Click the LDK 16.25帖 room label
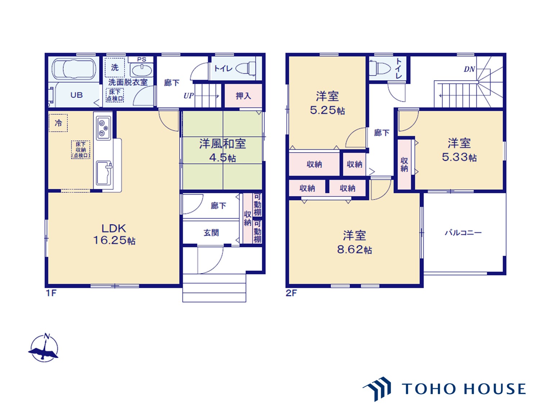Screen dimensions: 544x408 tap(114, 234)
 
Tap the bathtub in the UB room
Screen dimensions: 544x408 tap(74, 69)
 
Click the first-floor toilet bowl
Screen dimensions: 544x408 tap(246, 68)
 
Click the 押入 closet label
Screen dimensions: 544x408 tap(243, 96)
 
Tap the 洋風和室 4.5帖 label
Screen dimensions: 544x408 tap(223, 150)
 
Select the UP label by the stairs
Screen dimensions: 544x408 tap(189, 95)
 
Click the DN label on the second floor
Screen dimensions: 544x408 tap(469, 69)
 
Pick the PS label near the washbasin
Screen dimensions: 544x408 tap(141, 59)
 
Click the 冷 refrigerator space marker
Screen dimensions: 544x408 tap(58, 123)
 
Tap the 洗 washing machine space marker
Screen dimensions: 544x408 tap(114, 67)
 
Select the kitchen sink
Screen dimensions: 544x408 tap(104, 173)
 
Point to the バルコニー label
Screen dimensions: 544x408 tap(463, 233)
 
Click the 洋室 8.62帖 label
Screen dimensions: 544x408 tap(354, 242)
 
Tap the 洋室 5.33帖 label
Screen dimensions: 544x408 tap(459, 150)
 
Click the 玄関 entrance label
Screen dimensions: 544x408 tap(211, 233)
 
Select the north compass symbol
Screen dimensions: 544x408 tap(44, 348)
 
